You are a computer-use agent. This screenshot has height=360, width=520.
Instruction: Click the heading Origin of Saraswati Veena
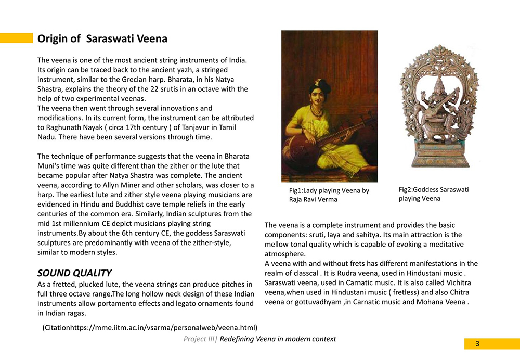(x=102, y=38)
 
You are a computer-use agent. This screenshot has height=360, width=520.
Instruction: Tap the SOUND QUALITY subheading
(x=74, y=273)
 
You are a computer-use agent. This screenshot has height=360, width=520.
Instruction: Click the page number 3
(x=477, y=344)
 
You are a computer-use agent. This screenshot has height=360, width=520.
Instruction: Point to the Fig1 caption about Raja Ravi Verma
(x=329, y=195)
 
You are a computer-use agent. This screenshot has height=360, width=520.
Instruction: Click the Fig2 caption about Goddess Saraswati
(x=434, y=194)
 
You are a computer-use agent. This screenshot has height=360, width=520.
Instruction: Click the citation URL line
(x=150, y=327)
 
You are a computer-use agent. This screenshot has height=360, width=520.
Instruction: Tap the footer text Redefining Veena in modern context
(x=278, y=339)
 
